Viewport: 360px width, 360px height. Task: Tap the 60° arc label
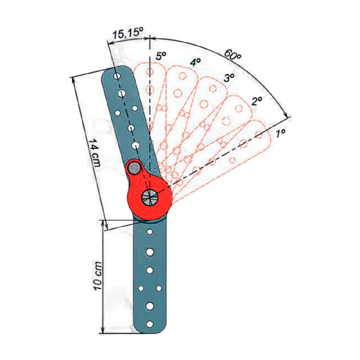pyautogui.click(x=232, y=55)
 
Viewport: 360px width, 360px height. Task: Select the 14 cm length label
pyautogui.click(x=94, y=153)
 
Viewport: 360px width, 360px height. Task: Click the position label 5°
pyautogui.click(x=161, y=56)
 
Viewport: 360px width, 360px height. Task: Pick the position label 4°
pyautogui.click(x=195, y=62)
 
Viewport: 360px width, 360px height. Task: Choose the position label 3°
pyautogui.click(x=229, y=78)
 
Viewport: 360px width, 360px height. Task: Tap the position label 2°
pyautogui.click(x=256, y=101)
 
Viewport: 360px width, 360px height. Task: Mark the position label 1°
pyautogui.click(x=280, y=133)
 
